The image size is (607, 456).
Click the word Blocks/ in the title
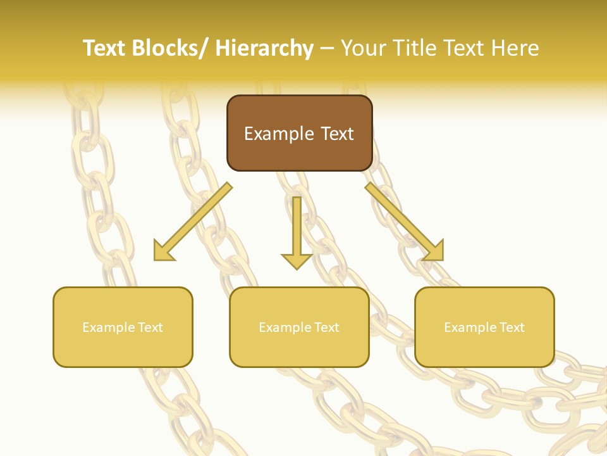pos(169,48)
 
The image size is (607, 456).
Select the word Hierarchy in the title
pos(264,48)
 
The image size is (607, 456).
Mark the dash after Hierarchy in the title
pos(327,49)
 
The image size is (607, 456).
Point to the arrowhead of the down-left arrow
pos(162,252)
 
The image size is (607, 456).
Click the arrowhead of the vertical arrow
pos(297,260)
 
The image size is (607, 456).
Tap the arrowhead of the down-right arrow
pos(435,252)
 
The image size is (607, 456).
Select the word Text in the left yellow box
pos(150,327)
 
